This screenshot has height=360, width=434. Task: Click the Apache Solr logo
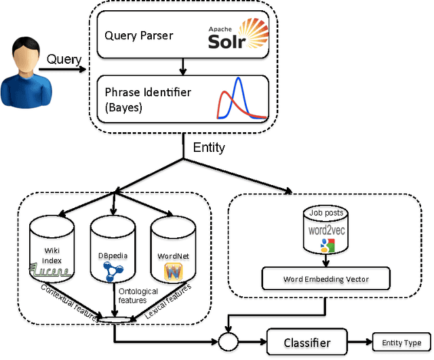(x=238, y=34)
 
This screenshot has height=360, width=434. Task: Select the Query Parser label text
(x=138, y=36)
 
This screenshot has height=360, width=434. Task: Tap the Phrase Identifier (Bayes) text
(x=148, y=100)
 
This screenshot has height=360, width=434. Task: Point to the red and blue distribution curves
(x=242, y=98)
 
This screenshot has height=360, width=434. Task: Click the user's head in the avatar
(x=26, y=55)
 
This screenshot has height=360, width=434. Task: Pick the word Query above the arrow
(x=64, y=60)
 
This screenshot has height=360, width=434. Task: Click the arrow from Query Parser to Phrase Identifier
(x=182, y=66)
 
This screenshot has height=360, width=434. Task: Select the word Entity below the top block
(x=209, y=148)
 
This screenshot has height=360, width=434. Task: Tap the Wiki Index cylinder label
(x=52, y=256)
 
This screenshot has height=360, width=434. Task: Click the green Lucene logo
(x=50, y=271)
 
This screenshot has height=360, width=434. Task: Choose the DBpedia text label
(x=113, y=256)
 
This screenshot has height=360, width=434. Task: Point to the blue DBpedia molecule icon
(x=113, y=272)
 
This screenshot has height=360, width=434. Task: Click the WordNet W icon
(x=174, y=272)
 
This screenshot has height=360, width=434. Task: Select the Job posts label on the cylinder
(x=326, y=212)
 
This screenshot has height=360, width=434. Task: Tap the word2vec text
(x=327, y=231)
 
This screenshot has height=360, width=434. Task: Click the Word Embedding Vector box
(x=325, y=279)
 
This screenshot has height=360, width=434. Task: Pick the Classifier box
(x=307, y=342)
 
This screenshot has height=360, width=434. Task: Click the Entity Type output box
(x=401, y=342)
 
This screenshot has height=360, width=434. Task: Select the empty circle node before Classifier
(x=229, y=342)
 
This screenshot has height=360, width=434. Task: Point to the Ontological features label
(x=138, y=296)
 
